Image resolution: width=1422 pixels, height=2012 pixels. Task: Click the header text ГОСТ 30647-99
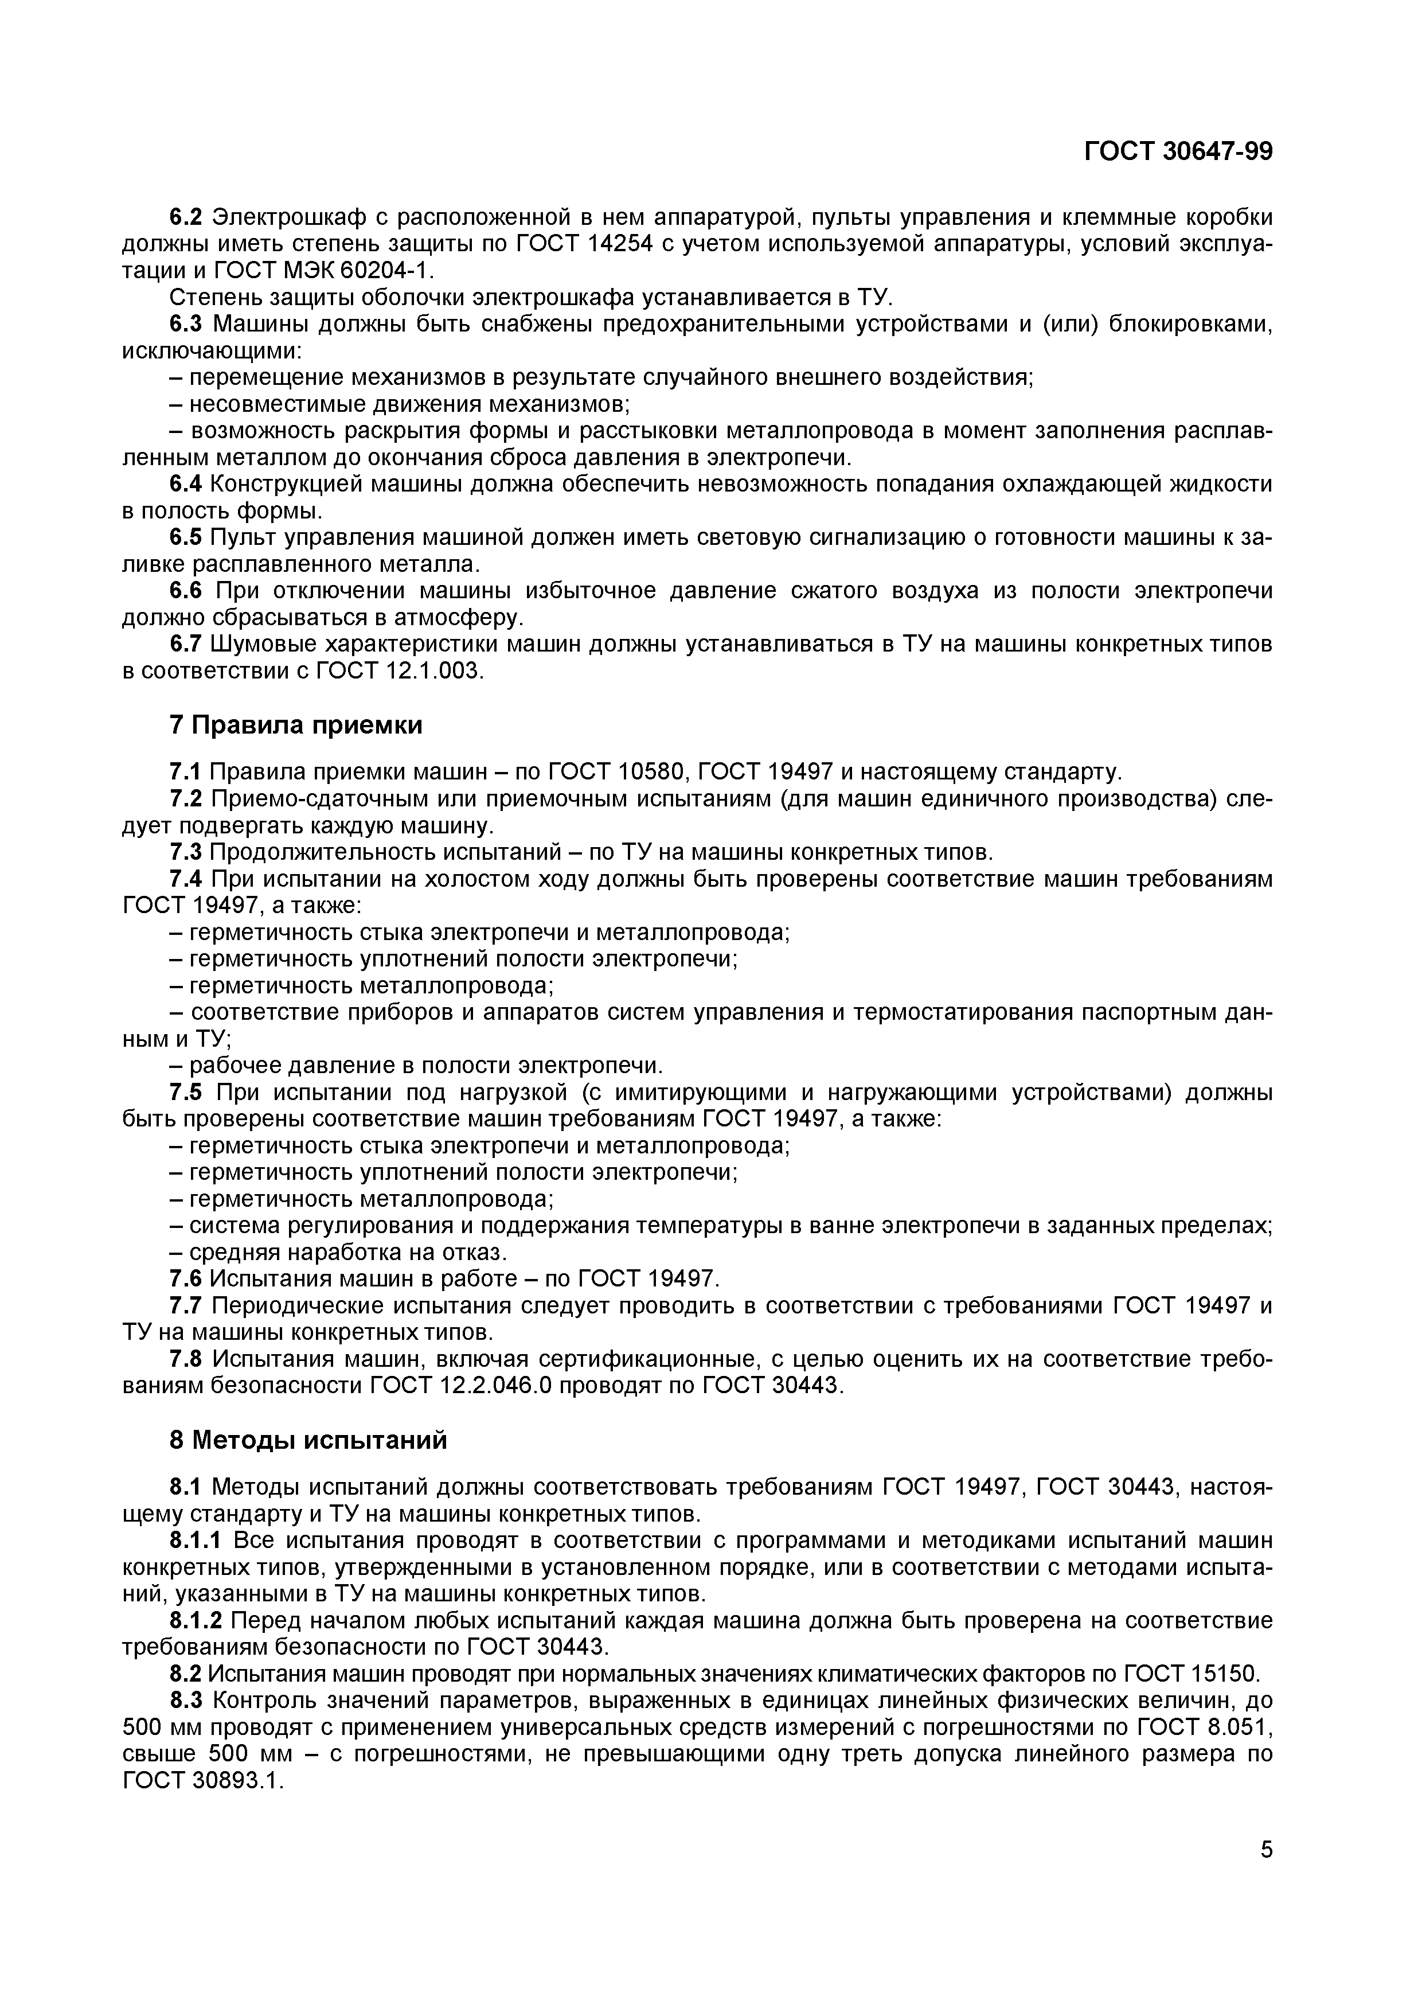(1178, 151)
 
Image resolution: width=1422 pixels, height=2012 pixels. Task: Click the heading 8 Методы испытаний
(307, 1440)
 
